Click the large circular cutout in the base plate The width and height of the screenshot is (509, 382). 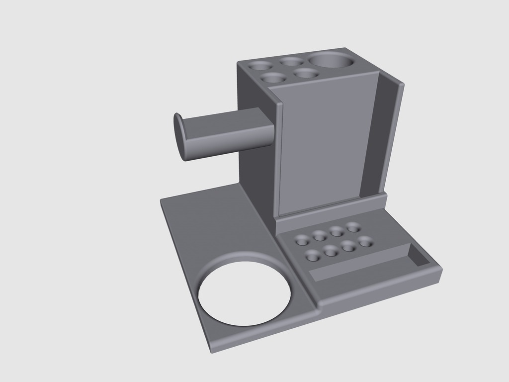click(x=245, y=293)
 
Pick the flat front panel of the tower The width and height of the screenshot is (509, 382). click(x=323, y=144)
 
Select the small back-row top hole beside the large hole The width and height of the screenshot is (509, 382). click(x=292, y=61)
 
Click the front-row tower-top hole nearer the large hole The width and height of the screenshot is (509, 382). click(x=306, y=73)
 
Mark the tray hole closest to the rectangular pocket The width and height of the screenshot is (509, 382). click(x=366, y=242)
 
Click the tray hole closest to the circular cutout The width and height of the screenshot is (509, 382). click(x=313, y=256)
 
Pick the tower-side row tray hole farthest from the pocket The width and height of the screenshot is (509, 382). click(x=302, y=240)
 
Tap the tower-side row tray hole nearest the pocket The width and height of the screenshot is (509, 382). click(x=353, y=227)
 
